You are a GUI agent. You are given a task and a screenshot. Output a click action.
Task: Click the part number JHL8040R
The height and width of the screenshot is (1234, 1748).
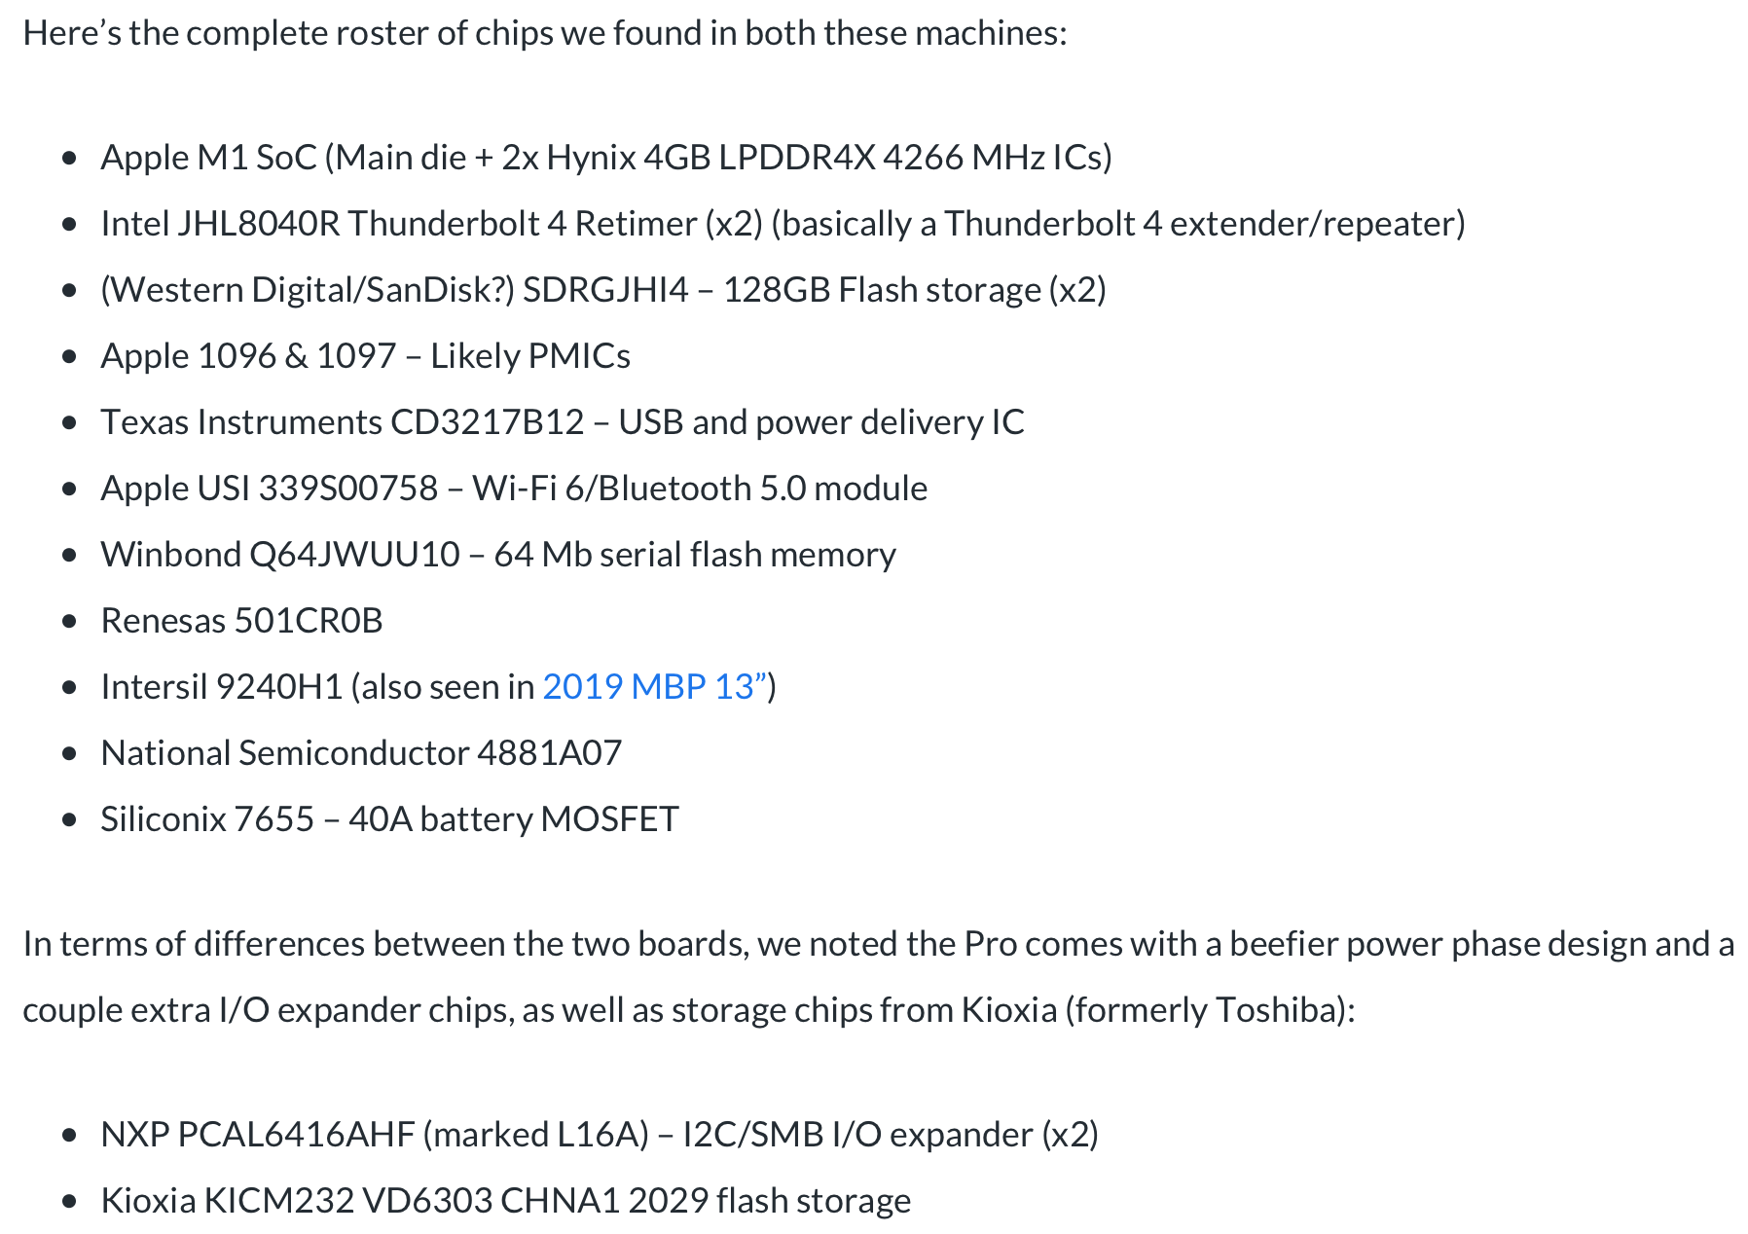pyautogui.click(x=259, y=224)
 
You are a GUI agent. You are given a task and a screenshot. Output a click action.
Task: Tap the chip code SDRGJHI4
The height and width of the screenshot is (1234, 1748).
pyautogui.click(x=605, y=290)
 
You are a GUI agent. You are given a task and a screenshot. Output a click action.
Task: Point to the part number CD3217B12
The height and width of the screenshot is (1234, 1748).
pyautogui.click(x=487, y=422)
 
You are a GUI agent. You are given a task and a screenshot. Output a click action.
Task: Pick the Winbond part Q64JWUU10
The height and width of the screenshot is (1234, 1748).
pyautogui.click(x=354, y=555)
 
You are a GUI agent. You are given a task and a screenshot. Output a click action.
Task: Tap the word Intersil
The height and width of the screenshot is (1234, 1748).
pyautogui.click(x=153, y=687)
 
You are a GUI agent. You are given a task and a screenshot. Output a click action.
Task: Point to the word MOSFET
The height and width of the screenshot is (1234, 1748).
pyautogui.click(x=609, y=819)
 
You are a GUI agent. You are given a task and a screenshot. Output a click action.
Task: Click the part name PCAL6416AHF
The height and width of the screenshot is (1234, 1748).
pyautogui.click(x=296, y=1135)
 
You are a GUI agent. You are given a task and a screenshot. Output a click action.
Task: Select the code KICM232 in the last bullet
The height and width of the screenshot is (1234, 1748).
pyautogui.click(x=278, y=1201)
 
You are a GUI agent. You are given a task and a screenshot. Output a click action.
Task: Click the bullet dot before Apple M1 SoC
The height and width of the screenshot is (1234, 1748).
pyautogui.click(x=69, y=158)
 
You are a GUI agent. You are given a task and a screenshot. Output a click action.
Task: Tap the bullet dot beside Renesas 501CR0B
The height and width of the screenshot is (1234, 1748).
pyautogui.click(x=69, y=621)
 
